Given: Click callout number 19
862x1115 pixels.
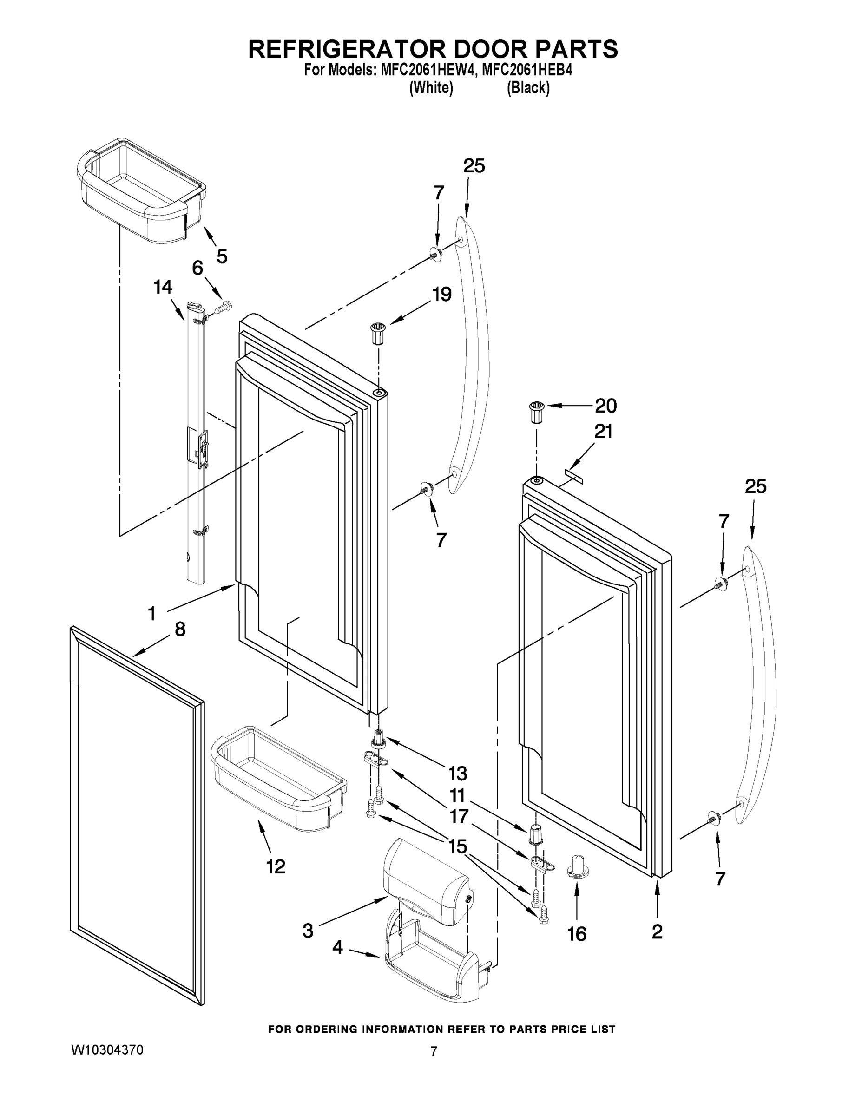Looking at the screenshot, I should click(x=442, y=295).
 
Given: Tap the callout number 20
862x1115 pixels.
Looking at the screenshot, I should click(x=605, y=406).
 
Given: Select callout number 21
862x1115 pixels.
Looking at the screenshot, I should click(x=603, y=432).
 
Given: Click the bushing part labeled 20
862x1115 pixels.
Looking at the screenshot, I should click(x=536, y=413).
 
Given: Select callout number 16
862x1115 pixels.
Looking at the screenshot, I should click(x=577, y=934).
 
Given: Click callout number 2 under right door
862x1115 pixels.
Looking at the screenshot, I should click(x=657, y=931).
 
